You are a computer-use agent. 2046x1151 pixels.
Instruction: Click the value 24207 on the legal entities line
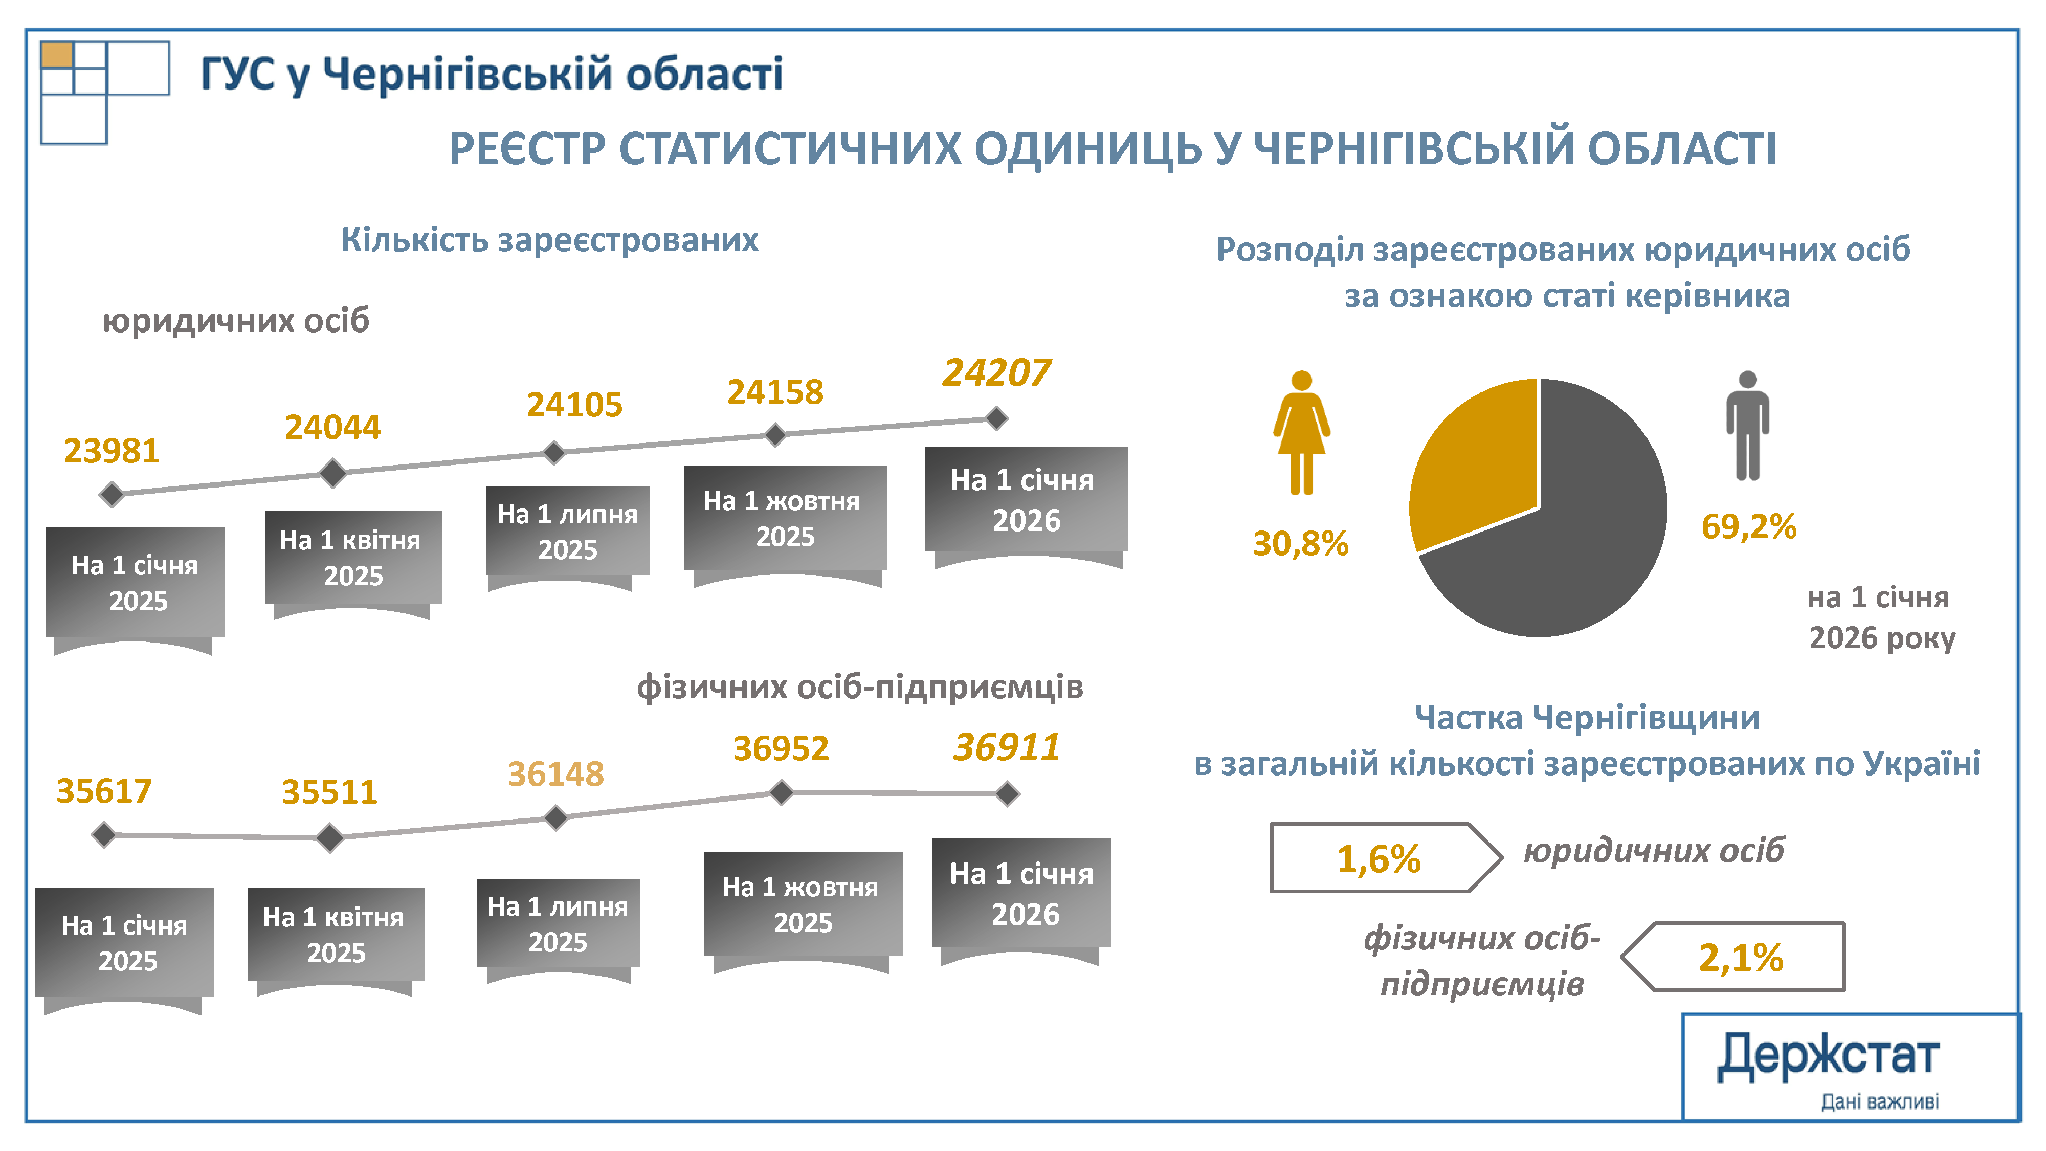click(x=996, y=372)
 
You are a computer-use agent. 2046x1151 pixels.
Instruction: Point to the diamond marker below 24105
click(x=553, y=453)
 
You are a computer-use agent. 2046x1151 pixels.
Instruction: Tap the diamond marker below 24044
click(x=333, y=473)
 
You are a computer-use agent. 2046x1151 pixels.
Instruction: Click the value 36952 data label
click(x=781, y=748)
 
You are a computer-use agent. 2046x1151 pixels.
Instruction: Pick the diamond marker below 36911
click(x=1007, y=793)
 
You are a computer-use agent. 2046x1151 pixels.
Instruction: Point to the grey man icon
click(x=1747, y=425)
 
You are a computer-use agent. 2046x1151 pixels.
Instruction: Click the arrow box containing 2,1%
click(x=1740, y=957)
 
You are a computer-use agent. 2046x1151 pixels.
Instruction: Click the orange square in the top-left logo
click(x=57, y=55)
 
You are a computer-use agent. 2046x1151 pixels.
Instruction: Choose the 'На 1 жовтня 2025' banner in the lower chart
click(x=802, y=905)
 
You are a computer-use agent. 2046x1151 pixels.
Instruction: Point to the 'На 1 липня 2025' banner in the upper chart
click(x=567, y=532)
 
